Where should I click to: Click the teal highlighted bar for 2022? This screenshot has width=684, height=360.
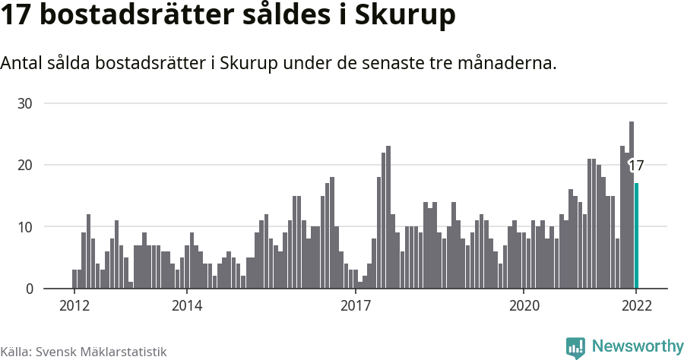click(x=637, y=235)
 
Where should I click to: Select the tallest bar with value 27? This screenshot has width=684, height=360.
click(x=632, y=205)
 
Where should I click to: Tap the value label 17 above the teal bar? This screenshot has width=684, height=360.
click(x=637, y=166)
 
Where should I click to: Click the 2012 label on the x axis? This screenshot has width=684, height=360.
click(x=74, y=306)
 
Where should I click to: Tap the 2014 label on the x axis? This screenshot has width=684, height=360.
click(x=187, y=306)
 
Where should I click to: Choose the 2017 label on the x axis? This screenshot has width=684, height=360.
click(x=355, y=306)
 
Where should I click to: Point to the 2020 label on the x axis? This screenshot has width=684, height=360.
click(x=524, y=306)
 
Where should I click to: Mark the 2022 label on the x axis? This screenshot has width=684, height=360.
click(x=636, y=306)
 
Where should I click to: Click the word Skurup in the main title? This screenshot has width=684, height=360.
click(x=407, y=17)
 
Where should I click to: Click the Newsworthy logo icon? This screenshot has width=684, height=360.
click(x=575, y=348)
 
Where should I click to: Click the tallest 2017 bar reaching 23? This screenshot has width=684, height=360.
click(x=388, y=217)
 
